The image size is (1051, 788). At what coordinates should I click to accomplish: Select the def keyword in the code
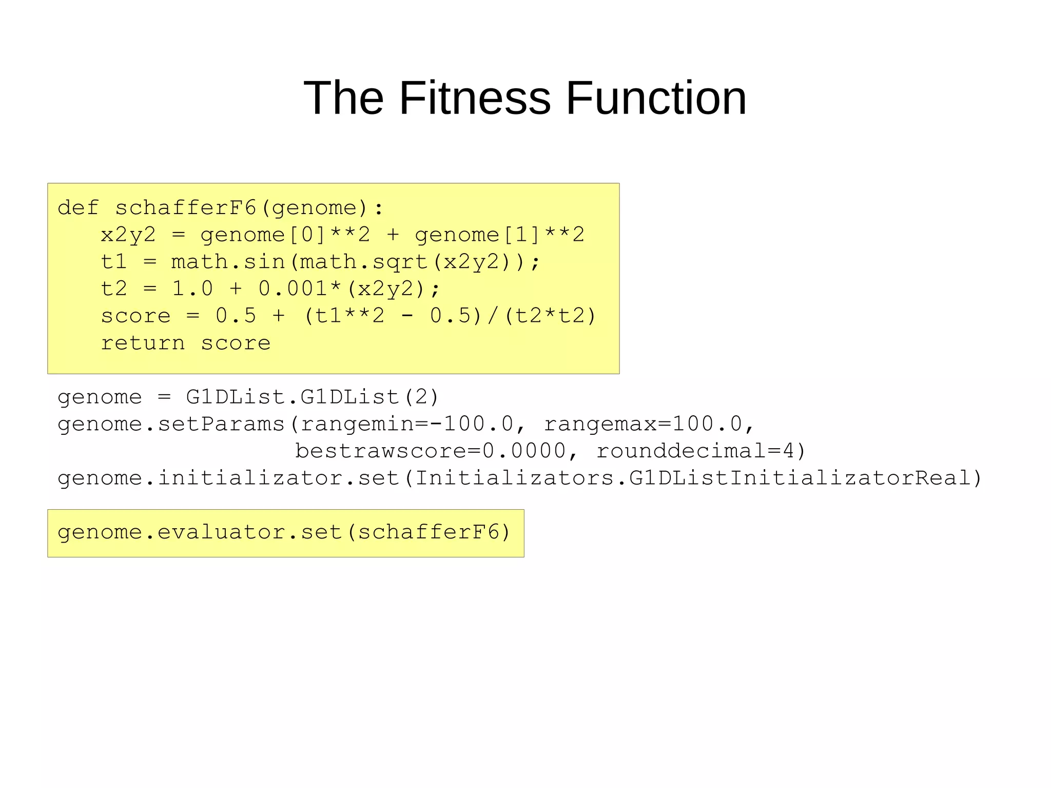[x=78, y=208]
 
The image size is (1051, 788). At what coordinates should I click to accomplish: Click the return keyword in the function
[x=143, y=343]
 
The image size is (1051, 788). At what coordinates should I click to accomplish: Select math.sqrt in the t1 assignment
[x=364, y=262]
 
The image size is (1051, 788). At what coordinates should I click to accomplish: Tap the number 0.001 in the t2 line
[x=293, y=289]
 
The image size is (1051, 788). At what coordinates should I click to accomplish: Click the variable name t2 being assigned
[x=114, y=289]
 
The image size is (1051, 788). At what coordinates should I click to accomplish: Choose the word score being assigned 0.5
[x=135, y=316]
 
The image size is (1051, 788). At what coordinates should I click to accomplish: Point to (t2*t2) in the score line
[x=550, y=316]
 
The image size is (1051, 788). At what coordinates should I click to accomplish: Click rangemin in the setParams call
[x=357, y=424]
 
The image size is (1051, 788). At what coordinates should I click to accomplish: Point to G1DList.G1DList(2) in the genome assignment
[x=313, y=397]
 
